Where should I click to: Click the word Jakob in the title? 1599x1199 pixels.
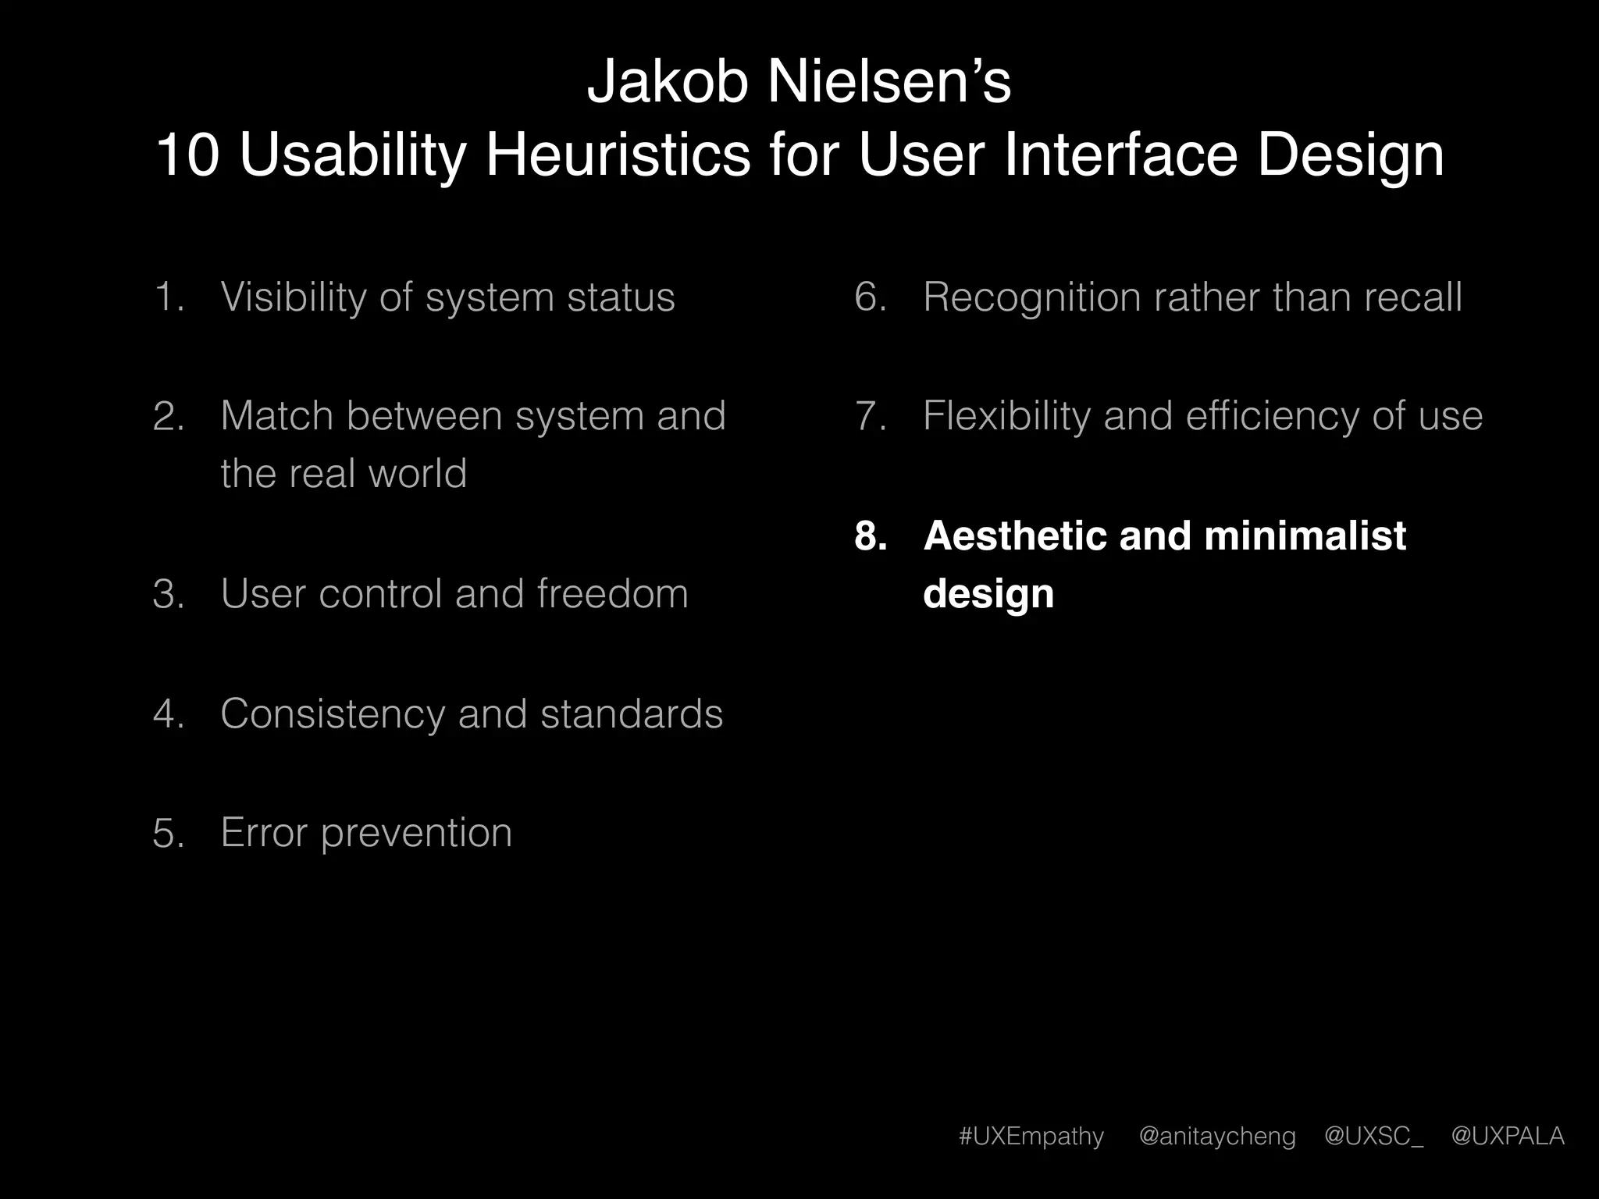tap(668, 82)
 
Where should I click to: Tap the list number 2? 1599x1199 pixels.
tap(169, 416)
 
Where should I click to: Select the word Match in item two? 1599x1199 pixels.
tap(276, 416)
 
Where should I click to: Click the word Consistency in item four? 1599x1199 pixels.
tap(332, 714)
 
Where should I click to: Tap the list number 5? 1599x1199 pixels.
tap(169, 833)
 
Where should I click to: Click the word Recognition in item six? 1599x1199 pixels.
tap(1031, 297)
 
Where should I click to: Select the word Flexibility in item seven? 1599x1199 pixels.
tap(1006, 416)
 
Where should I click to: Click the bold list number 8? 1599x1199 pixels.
tap(871, 536)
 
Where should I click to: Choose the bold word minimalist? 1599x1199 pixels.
tap(1305, 536)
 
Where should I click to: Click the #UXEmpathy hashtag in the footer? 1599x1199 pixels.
tap(1031, 1136)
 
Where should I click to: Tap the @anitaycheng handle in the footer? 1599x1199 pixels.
tap(1217, 1136)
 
